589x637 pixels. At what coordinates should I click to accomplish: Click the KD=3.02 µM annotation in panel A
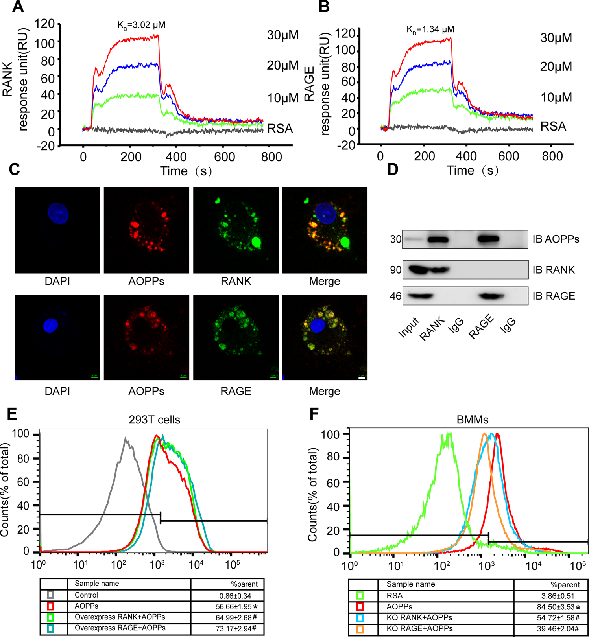tap(141, 26)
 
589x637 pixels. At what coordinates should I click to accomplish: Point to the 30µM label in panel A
tap(282, 35)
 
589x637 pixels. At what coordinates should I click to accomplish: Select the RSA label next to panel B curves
tap(553, 127)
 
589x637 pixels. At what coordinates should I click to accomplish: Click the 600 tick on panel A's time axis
tap(225, 157)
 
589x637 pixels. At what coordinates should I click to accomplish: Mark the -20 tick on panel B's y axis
tap(346, 145)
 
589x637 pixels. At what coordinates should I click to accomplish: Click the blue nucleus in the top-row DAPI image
tap(58, 214)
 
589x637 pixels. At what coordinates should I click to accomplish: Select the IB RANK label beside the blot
tap(553, 270)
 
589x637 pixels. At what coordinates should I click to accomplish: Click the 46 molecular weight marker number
tap(395, 296)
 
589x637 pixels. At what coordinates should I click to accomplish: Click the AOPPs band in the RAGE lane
tap(488, 239)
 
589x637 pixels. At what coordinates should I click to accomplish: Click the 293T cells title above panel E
tap(154, 420)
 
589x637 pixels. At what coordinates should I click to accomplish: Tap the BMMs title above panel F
tap(472, 420)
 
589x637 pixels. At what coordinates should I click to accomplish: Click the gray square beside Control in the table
tap(50, 595)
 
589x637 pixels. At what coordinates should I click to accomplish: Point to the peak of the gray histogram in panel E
tap(126, 438)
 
